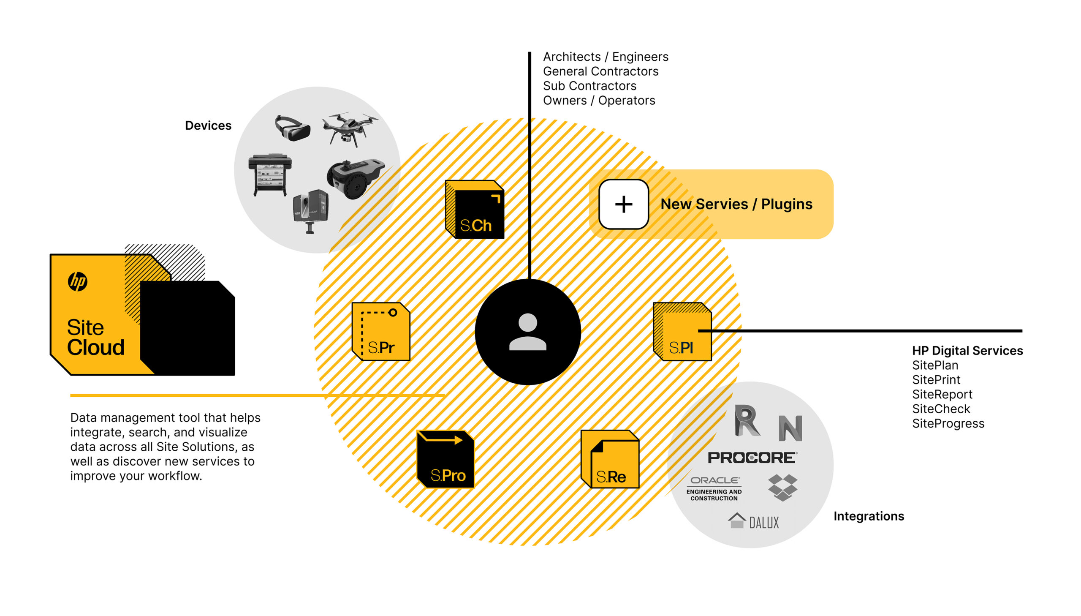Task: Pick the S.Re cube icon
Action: [610, 459]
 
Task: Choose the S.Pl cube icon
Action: [682, 331]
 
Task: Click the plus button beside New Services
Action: [624, 204]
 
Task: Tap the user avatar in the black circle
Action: [527, 332]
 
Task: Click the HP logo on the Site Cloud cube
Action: [78, 281]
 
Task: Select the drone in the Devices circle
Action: [349, 128]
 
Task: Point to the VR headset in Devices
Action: [292, 128]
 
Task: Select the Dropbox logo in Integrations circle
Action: [782, 488]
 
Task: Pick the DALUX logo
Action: [753, 521]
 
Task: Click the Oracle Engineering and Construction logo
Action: [714, 489]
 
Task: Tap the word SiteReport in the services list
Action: [942, 394]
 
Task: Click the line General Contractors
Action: [600, 71]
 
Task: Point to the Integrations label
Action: [868, 516]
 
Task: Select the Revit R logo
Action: [747, 420]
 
